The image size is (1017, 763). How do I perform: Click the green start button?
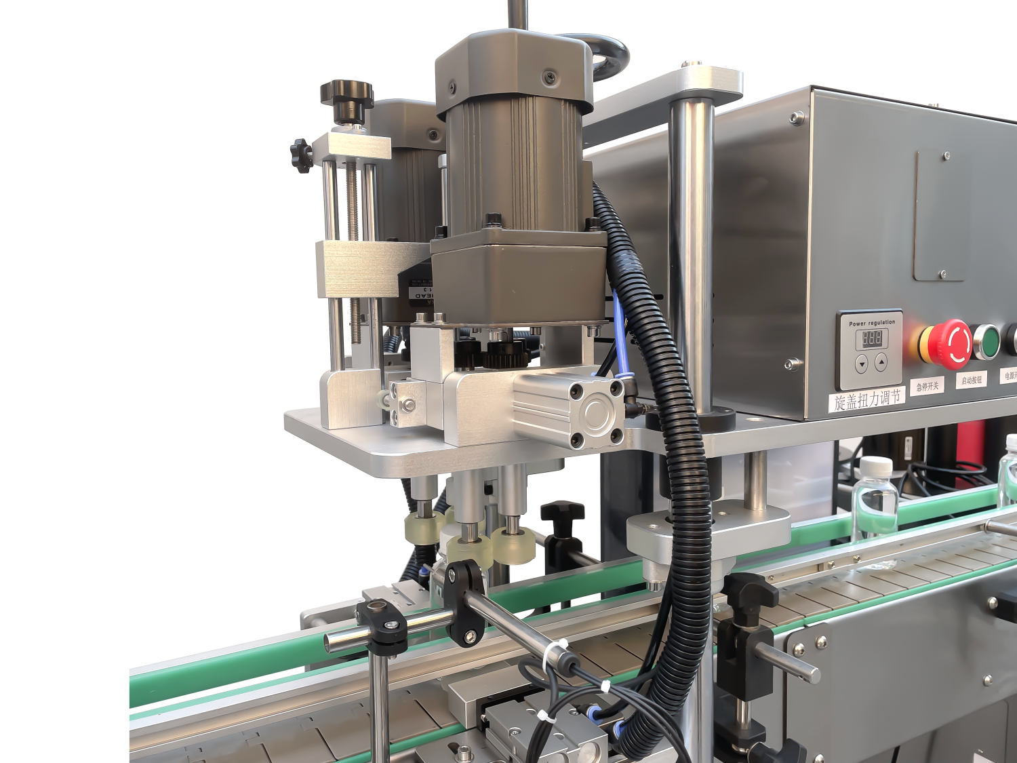[988, 342]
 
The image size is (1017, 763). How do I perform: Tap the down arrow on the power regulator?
[862, 364]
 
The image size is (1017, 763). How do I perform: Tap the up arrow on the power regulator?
[881, 362]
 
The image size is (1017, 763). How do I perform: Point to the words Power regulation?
[872, 323]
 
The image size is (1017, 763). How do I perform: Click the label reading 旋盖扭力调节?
[867, 399]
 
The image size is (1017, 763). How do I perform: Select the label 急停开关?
[928, 387]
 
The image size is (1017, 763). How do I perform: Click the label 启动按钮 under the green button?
[971, 380]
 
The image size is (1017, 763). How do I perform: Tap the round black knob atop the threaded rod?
[347, 93]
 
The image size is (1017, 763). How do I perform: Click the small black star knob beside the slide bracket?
[300, 155]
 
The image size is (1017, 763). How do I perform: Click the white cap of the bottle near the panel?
[875, 467]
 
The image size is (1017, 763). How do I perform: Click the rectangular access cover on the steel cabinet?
[940, 216]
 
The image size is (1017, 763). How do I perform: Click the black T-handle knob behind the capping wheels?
[562, 511]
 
